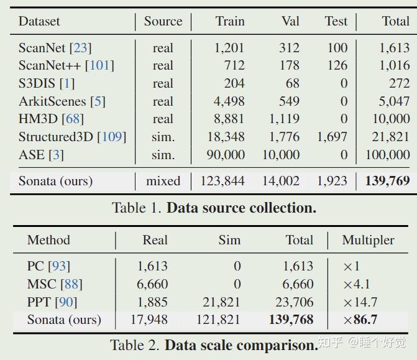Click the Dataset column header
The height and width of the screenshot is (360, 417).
[x=39, y=21]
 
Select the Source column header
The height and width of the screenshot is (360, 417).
[x=163, y=21]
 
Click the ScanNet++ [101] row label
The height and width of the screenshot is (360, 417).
[x=66, y=65]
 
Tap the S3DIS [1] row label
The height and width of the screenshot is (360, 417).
[x=46, y=83]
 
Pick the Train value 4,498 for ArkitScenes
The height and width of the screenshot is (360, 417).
[x=229, y=101]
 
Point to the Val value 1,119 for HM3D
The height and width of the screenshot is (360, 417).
[x=284, y=119]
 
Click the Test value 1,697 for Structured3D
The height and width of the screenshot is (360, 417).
[x=332, y=137]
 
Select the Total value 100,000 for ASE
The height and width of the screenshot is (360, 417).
[x=387, y=155]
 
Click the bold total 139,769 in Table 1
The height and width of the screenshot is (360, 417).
[x=387, y=182]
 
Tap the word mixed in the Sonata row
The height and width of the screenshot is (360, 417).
[x=163, y=182]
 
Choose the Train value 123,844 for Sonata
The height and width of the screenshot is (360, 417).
[x=222, y=182]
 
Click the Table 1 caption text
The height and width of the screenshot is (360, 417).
[x=214, y=208]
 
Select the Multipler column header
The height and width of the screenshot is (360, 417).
[x=369, y=240]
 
